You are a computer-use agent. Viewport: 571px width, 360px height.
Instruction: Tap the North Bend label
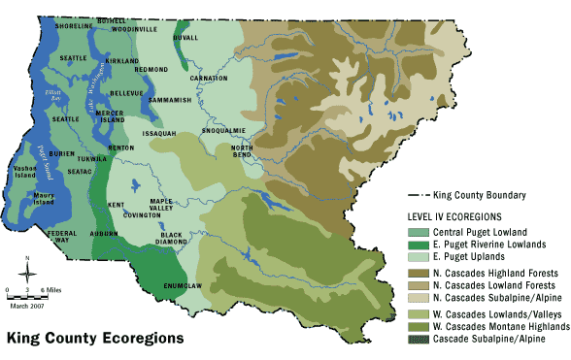pyautogui.click(x=242, y=150)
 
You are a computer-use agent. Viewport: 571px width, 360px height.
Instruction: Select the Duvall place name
pyautogui.click(x=185, y=37)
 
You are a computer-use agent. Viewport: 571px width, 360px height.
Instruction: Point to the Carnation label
pyautogui.click(x=209, y=77)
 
